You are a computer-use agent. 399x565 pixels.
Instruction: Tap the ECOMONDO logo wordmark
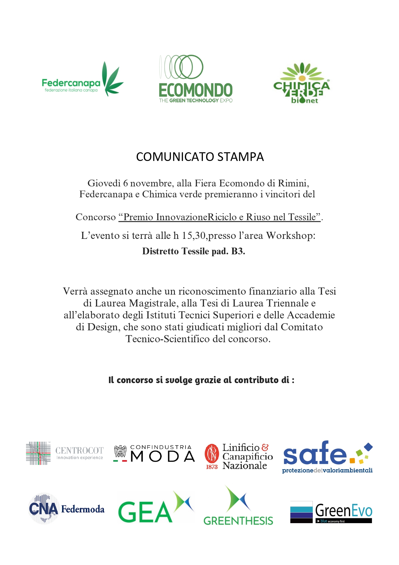click(x=195, y=90)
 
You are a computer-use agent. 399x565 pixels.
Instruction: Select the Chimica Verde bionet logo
click(x=302, y=84)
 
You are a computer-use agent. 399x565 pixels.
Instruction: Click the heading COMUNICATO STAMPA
click(x=200, y=157)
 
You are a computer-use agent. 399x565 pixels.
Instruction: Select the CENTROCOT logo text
click(x=79, y=451)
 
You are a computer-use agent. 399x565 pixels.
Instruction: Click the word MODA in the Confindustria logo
click(x=162, y=457)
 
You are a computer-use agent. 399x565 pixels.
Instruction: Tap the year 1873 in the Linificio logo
click(x=212, y=467)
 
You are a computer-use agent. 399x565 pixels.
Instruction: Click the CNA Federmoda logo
click(x=67, y=509)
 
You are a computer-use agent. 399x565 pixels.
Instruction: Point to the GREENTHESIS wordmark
click(x=238, y=521)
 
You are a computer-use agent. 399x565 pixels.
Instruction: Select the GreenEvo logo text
click(x=344, y=511)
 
